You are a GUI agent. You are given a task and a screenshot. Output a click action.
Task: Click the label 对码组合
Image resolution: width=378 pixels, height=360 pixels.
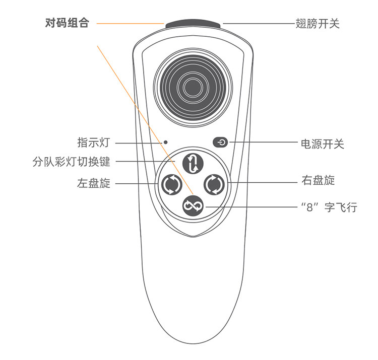67,23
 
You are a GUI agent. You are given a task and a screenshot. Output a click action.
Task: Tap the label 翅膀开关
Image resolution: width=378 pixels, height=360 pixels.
317,23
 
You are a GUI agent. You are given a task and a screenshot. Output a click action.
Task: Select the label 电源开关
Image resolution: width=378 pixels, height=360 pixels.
322,144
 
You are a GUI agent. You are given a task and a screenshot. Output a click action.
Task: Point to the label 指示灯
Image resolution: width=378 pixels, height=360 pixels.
93,142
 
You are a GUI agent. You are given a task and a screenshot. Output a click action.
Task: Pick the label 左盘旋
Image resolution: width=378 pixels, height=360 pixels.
93,183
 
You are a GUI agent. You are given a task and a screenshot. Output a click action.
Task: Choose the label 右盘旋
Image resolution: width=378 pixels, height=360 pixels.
318,180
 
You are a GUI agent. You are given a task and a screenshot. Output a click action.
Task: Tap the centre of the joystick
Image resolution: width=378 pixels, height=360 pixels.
193,87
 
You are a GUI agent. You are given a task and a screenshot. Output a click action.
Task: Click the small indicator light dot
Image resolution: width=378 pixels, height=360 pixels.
165,143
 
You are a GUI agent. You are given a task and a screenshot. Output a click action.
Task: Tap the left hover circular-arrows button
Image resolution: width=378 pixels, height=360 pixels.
169,184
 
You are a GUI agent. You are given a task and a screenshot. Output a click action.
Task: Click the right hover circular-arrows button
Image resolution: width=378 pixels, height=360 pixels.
214,184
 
